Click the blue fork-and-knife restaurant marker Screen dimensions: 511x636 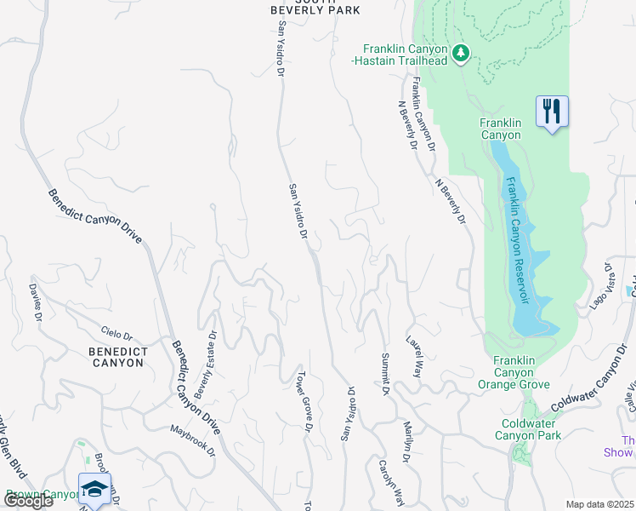click(x=552, y=111)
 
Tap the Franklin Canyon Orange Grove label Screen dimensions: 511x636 click(x=521, y=373)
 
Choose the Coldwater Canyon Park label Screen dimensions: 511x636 click(x=527, y=428)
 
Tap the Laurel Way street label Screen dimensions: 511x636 click(x=416, y=356)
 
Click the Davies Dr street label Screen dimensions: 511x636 click(x=35, y=302)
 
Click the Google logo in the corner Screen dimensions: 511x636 click(x=28, y=501)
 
